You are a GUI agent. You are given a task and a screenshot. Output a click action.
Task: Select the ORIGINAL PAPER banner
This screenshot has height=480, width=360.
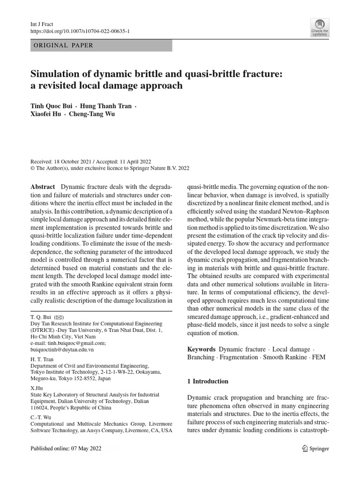[101, 45]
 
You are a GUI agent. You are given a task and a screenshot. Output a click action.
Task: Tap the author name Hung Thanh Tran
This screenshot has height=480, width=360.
[105, 106]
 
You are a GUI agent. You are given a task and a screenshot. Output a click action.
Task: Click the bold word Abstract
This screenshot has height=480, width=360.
[43, 187]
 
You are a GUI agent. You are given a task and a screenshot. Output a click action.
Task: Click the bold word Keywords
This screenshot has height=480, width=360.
[201, 349]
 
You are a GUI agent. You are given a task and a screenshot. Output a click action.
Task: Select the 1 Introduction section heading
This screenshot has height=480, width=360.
[208, 382]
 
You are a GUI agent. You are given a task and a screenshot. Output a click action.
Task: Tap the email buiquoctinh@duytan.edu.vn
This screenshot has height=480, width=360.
[62, 349]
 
